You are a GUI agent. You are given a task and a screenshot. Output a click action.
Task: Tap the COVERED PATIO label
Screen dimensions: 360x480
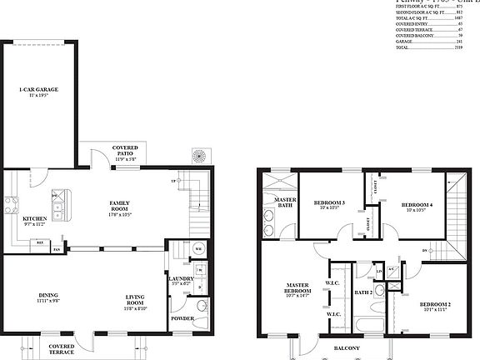point(125,150)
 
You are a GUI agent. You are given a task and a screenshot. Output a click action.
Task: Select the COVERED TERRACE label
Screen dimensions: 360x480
point(61,348)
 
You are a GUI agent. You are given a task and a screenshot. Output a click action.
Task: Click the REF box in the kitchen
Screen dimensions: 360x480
point(38,242)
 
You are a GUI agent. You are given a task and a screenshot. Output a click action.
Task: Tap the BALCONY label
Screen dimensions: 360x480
point(347,347)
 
